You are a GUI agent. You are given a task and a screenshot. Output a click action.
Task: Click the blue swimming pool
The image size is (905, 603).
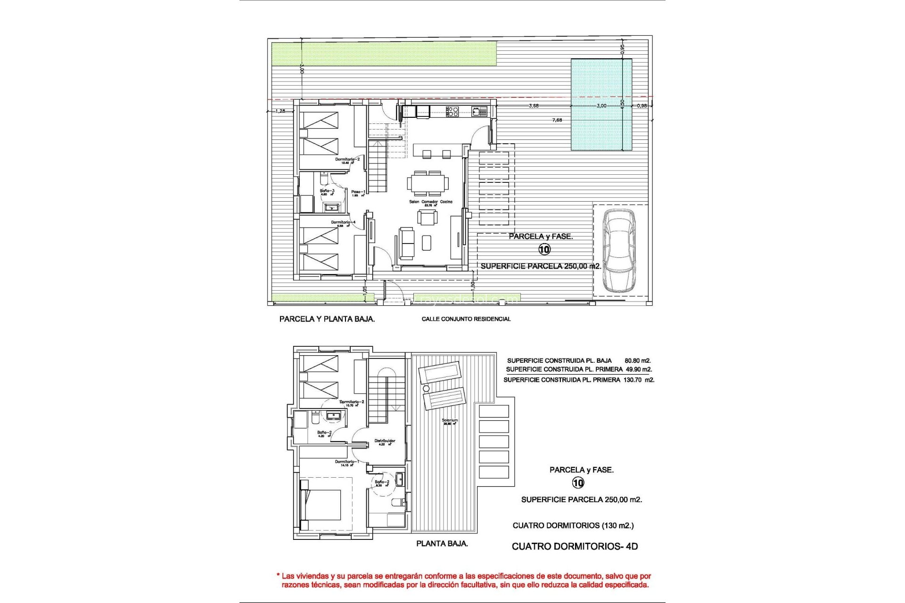click(x=601, y=105)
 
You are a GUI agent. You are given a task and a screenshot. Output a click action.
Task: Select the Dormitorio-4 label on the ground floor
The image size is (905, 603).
click(x=343, y=222)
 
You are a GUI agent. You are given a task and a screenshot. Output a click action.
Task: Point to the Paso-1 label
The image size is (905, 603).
click(x=358, y=192)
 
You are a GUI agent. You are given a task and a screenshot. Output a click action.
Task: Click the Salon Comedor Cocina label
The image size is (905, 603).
click(x=430, y=202)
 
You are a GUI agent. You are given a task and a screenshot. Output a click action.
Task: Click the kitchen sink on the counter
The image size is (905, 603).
click(x=477, y=111)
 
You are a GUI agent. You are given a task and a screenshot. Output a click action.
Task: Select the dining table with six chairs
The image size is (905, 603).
click(x=428, y=183)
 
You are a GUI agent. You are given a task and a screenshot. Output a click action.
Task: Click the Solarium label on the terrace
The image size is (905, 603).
click(x=450, y=420)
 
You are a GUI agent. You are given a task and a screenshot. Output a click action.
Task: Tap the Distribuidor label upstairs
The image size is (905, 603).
click(x=385, y=441)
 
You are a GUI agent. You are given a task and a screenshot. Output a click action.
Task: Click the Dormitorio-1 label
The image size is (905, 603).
click(x=346, y=462)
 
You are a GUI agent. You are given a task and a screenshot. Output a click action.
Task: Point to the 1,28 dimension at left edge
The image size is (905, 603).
click(x=280, y=111)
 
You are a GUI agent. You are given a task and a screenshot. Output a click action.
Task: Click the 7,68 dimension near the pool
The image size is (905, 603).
click(x=557, y=120)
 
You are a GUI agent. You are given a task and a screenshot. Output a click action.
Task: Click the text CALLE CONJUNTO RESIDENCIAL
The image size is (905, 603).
click(x=466, y=319)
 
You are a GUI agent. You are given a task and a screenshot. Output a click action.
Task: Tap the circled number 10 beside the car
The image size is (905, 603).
click(x=544, y=249)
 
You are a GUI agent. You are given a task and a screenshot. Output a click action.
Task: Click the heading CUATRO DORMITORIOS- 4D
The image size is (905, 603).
click(x=575, y=546)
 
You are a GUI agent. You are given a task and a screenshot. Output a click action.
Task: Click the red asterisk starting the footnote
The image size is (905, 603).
click(x=278, y=575)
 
